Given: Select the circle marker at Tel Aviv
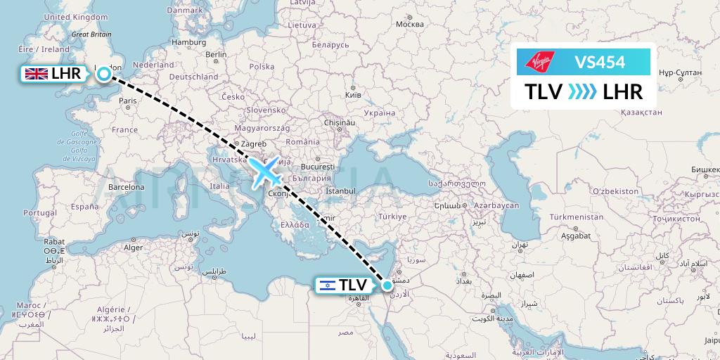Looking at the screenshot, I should (387, 285).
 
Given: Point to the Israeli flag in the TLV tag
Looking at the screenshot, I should (326, 285).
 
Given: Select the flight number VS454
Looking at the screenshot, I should (600, 63).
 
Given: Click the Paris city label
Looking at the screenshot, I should (127, 101).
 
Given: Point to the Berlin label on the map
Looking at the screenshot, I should (215, 55).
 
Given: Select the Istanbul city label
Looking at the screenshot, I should (342, 191).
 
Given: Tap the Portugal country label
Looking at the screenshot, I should (39, 212).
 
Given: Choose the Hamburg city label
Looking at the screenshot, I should (188, 42).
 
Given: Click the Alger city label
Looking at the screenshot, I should (133, 247).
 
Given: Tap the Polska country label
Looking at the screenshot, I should (262, 67).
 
